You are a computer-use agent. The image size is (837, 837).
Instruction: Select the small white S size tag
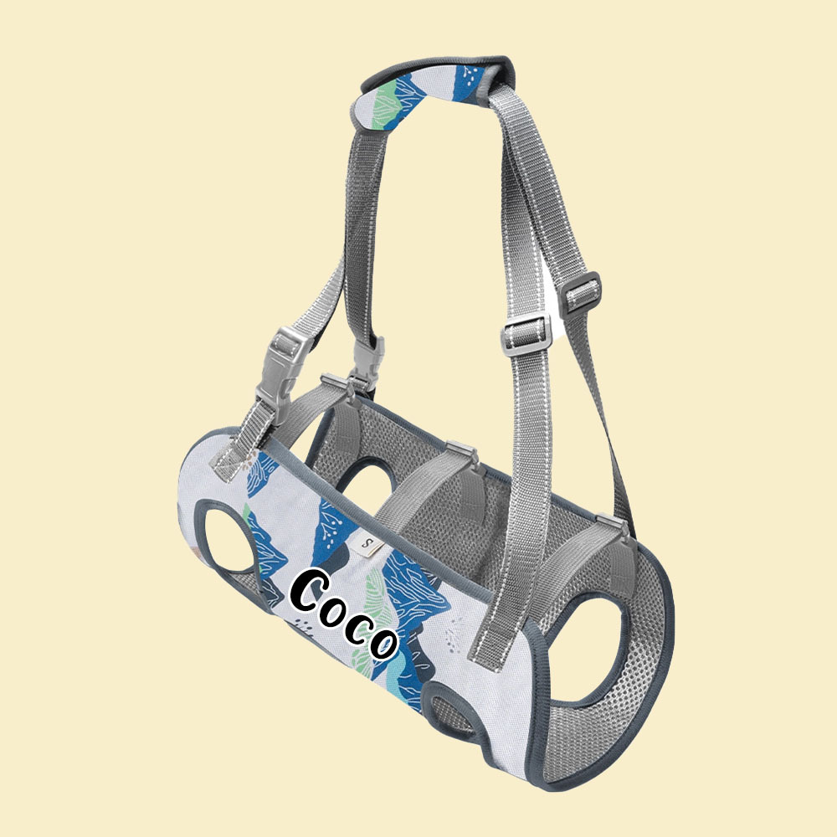pyautogui.click(x=367, y=544)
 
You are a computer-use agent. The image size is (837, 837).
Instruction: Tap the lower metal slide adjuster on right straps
pyautogui.click(x=526, y=331)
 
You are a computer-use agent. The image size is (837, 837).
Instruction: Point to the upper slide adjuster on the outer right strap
pyautogui.click(x=583, y=290)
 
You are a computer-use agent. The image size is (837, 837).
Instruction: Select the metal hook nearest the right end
pyautogui.click(x=613, y=526)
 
